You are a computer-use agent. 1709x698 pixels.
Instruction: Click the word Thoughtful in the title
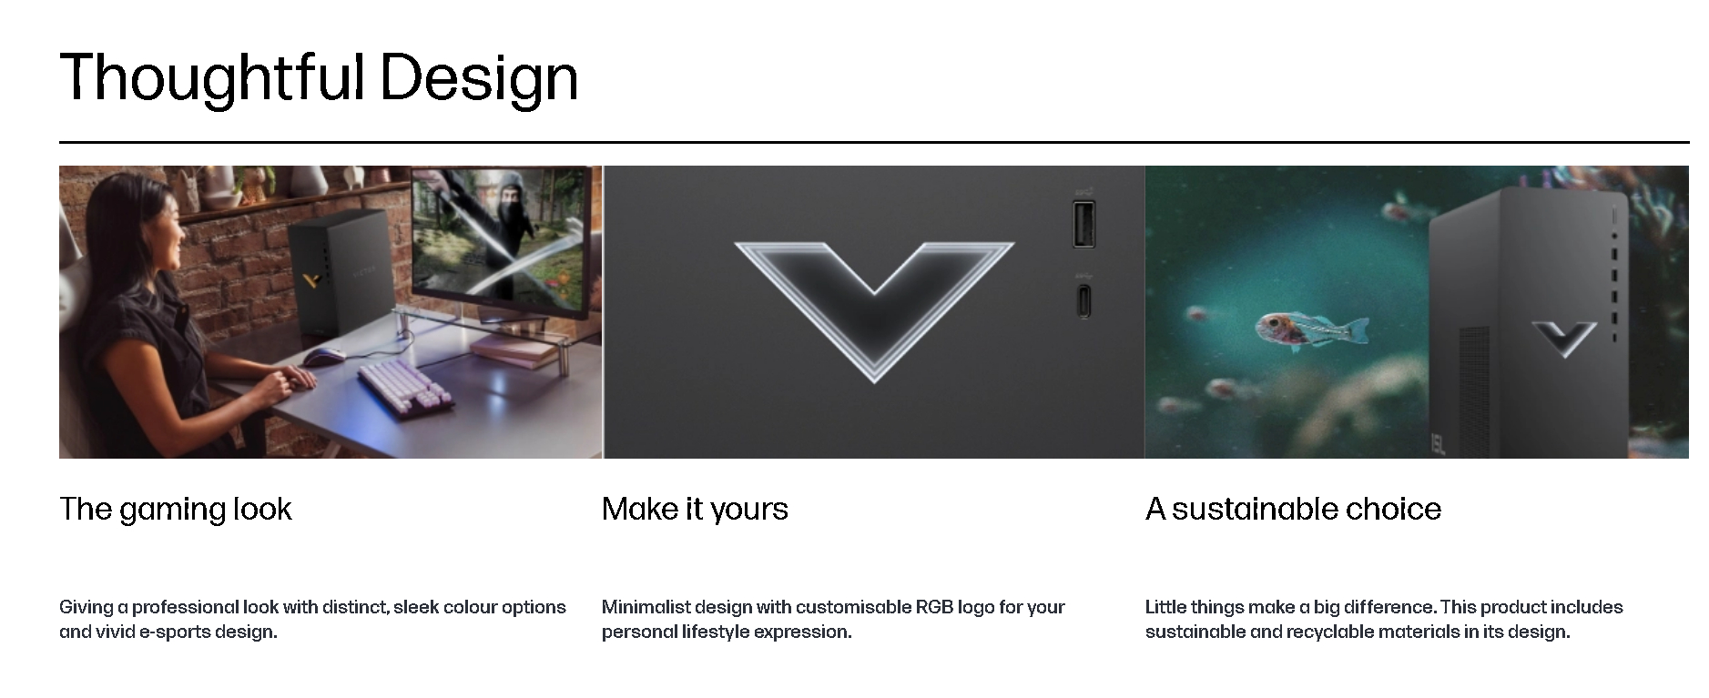tap(212, 78)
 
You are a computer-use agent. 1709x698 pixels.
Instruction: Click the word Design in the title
tap(479, 78)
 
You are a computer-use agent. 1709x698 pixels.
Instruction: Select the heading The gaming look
tap(176, 509)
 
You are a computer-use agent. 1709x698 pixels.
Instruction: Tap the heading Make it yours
tap(695, 509)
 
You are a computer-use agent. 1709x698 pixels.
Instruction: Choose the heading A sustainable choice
tap(1293, 509)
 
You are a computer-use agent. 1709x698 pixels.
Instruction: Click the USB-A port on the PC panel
tap(1083, 223)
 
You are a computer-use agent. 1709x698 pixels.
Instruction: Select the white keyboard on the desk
tap(405, 389)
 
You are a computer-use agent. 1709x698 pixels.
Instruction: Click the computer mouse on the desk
tap(322, 356)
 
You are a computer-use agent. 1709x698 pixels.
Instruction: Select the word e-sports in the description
tap(173, 632)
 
